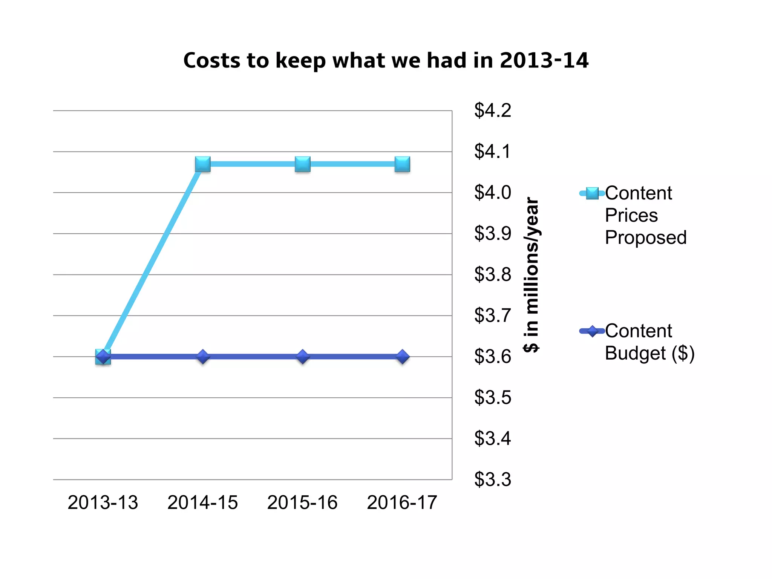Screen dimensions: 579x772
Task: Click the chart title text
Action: click(386, 60)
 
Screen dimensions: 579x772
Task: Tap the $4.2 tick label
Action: click(493, 110)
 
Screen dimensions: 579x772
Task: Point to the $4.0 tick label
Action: click(493, 192)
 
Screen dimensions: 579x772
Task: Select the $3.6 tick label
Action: click(493, 357)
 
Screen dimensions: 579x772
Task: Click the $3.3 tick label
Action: click(493, 479)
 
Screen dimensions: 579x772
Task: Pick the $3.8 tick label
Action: click(493, 274)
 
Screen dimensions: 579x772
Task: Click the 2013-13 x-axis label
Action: click(103, 502)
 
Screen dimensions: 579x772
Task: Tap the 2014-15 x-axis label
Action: click(203, 502)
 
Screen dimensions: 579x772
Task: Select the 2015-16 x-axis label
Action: click(302, 502)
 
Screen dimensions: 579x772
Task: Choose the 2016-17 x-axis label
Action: click(402, 502)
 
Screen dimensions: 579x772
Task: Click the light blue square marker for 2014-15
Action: click(203, 164)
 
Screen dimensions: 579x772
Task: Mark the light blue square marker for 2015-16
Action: click(303, 164)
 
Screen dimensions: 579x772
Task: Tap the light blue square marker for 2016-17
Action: click(402, 164)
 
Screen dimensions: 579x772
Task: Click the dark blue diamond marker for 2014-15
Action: click(203, 356)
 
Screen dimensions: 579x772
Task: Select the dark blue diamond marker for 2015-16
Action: click(303, 356)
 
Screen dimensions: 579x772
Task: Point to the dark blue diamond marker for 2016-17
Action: click(402, 356)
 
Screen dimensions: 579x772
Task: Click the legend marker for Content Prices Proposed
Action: click(592, 193)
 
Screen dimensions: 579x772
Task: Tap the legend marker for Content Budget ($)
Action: click(592, 331)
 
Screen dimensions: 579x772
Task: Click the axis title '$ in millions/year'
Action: click(532, 274)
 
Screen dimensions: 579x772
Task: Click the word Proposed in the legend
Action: click(646, 237)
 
